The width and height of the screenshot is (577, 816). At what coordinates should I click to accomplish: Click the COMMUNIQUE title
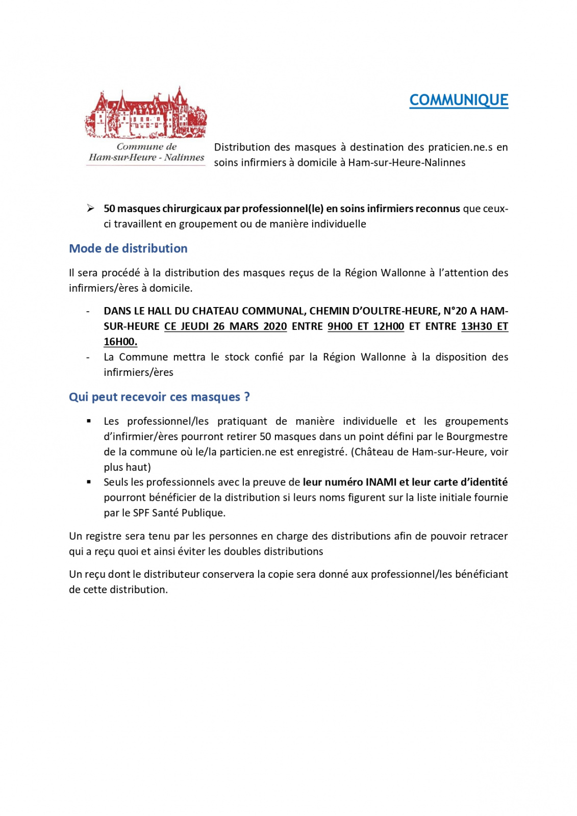pyautogui.click(x=459, y=100)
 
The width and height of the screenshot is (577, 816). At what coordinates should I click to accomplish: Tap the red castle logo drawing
pyautogui.click(x=146, y=113)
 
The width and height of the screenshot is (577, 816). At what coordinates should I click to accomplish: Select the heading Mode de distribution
pyautogui.click(x=128, y=248)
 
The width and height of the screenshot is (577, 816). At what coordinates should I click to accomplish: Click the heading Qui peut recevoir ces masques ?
pyautogui.click(x=159, y=397)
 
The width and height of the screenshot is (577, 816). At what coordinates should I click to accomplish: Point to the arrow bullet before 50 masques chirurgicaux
pyautogui.click(x=90, y=208)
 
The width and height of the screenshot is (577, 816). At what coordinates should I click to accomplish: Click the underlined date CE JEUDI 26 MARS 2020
pyautogui.click(x=225, y=326)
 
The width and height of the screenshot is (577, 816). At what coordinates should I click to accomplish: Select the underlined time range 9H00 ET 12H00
pyautogui.click(x=366, y=326)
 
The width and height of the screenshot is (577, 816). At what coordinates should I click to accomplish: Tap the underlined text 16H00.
pyautogui.click(x=120, y=342)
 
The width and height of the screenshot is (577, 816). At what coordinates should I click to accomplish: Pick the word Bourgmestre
pyautogui.click(x=477, y=437)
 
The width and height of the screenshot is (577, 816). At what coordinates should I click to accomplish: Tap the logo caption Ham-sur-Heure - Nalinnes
pyautogui.click(x=146, y=158)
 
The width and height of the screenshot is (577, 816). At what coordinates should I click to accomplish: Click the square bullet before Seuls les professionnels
pyautogui.click(x=89, y=482)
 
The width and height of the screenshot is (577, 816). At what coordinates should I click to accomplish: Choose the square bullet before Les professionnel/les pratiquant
pyautogui.click(x=89, y=421)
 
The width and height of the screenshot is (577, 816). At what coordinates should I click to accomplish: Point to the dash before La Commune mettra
pyautogui.click(x=88, y=357)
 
